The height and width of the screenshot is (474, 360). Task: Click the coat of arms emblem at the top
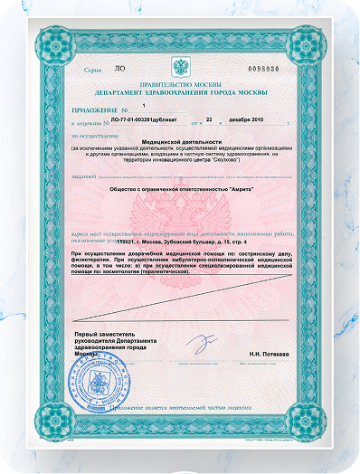pyautogui.click(x=180, y=67)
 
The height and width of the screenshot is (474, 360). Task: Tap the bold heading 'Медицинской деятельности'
pyautogui.click(x=180, y=140)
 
